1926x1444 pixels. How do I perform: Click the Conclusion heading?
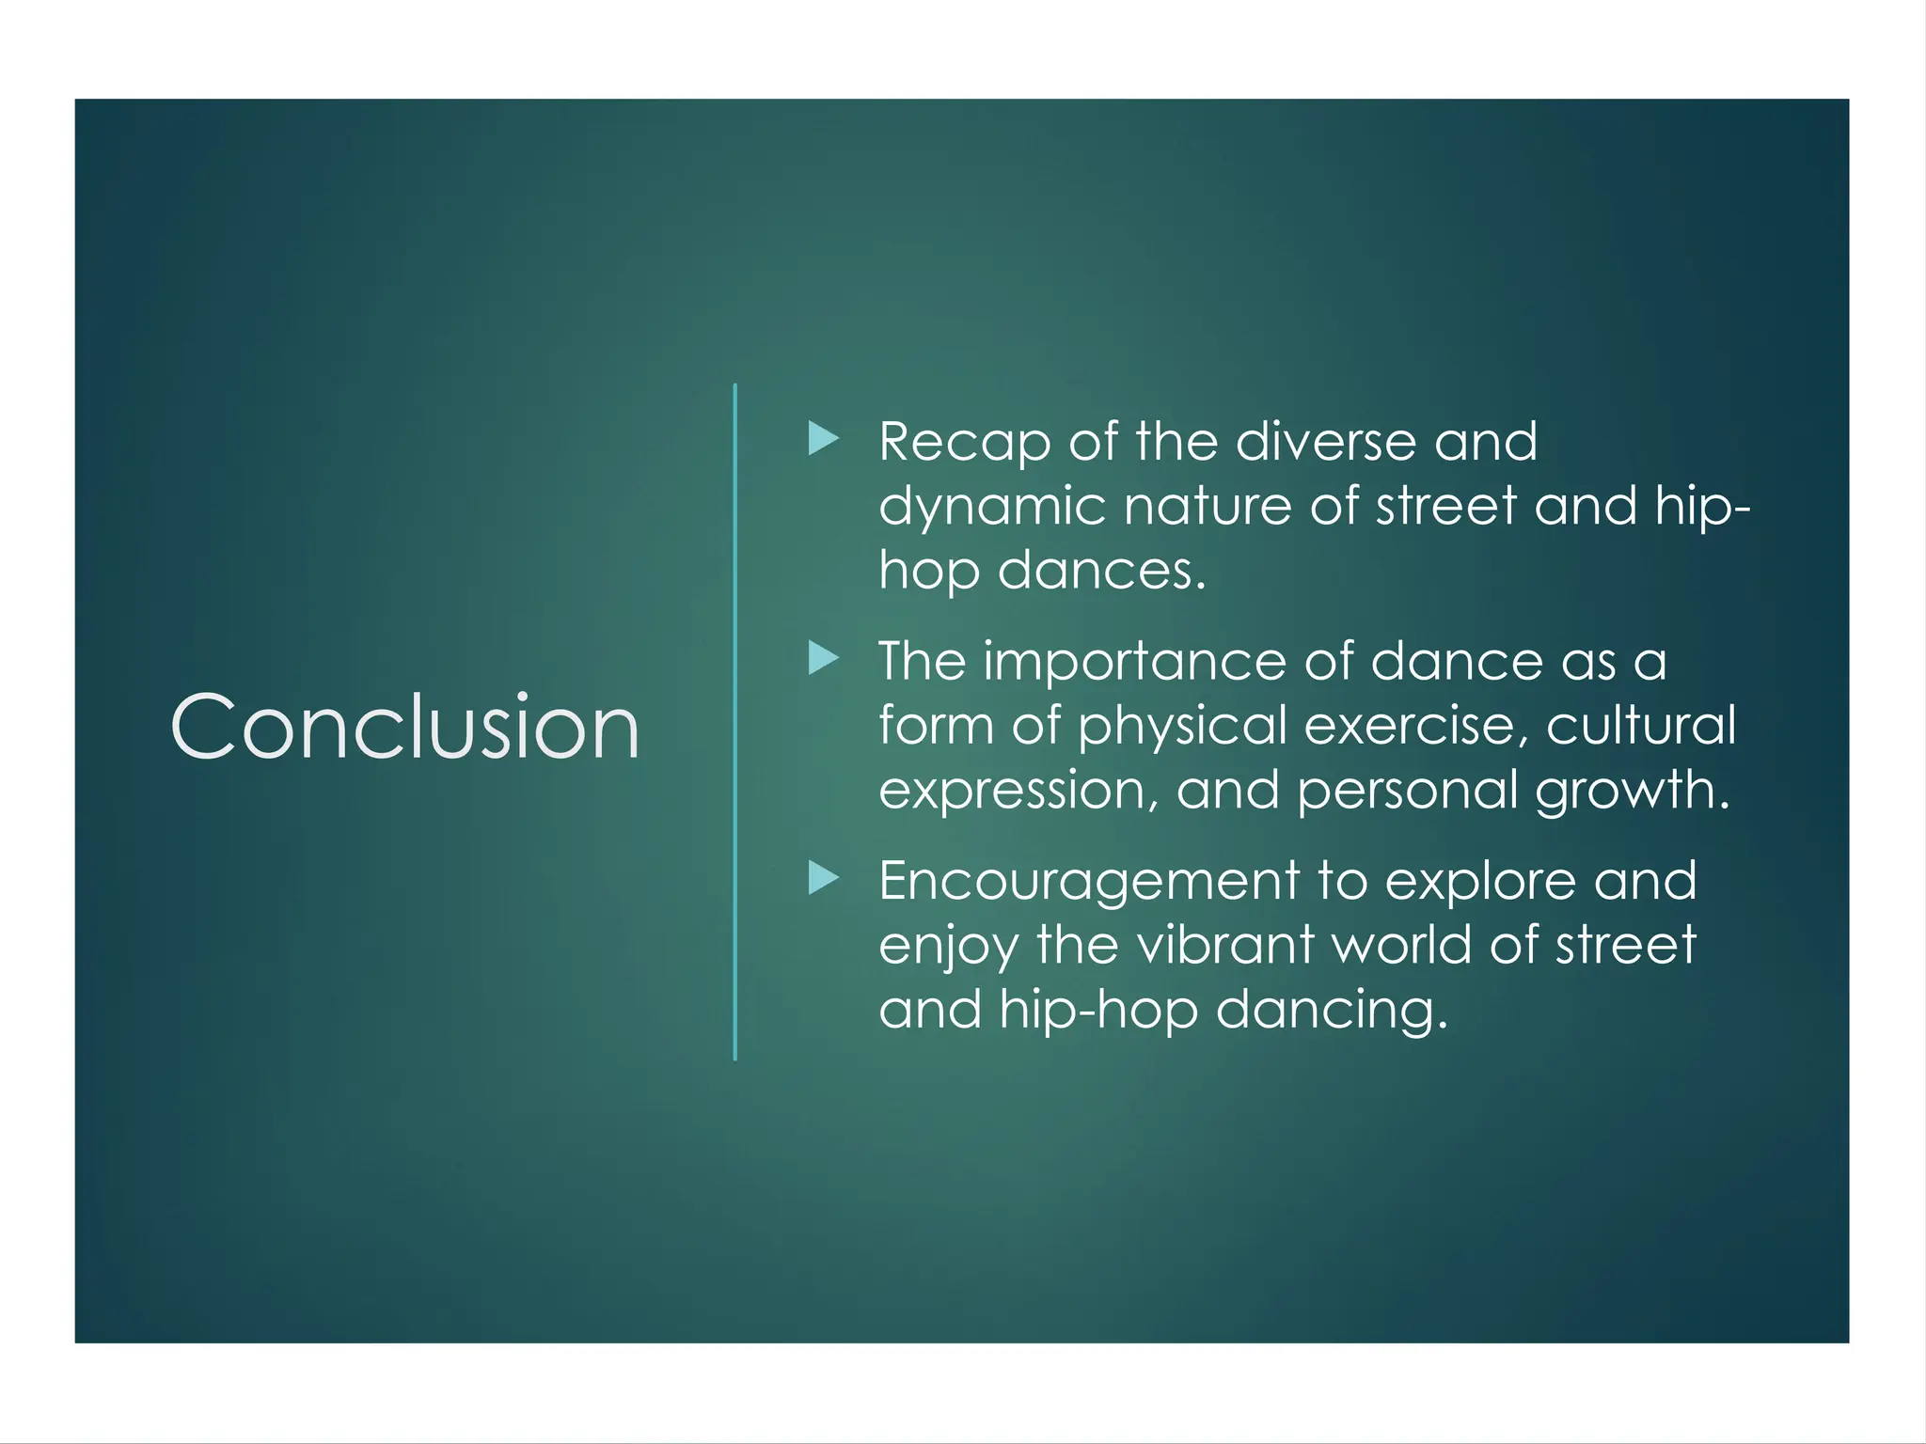point(404,726)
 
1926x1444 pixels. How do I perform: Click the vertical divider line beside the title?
point(734,722)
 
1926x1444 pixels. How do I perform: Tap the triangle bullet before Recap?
point(823,438)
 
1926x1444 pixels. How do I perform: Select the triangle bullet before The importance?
point(823,658)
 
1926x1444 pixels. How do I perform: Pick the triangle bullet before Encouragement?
point(823,878)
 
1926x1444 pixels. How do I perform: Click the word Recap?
point(964,442)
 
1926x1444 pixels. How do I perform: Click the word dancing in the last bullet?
point(1331,1011)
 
